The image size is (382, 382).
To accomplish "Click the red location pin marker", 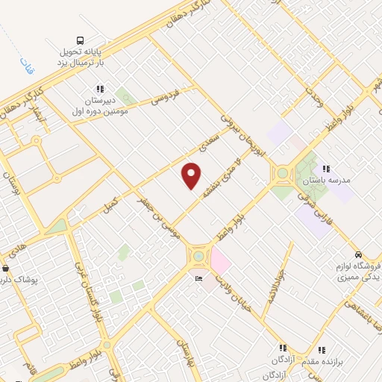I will tap(192, 175).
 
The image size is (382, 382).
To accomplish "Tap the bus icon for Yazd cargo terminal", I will tap(80, 42).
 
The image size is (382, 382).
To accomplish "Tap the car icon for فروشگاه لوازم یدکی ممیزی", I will tap(359, 254).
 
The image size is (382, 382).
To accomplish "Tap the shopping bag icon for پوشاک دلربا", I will tap(6, 268).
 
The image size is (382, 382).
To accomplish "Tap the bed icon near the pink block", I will tap(198, 278).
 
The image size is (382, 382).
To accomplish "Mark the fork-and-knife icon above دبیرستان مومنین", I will tap(101, 90).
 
